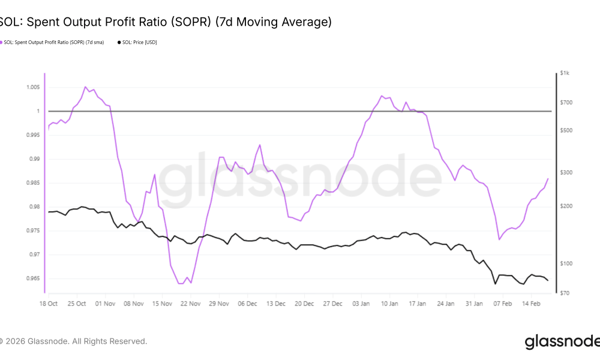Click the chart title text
click(165, 22)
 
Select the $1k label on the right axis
click(565, 73)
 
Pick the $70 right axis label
click(565, 293)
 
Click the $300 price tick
click(566, 173)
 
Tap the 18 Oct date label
click(48, 304)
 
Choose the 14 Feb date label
click(530, 304)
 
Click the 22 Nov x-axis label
click(191, 304)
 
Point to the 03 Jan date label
click(361, 304)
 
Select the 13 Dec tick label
click(275, 304)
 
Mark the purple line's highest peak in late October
click(85, 87)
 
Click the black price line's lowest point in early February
click(495, 284)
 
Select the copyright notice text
click(73, 341)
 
